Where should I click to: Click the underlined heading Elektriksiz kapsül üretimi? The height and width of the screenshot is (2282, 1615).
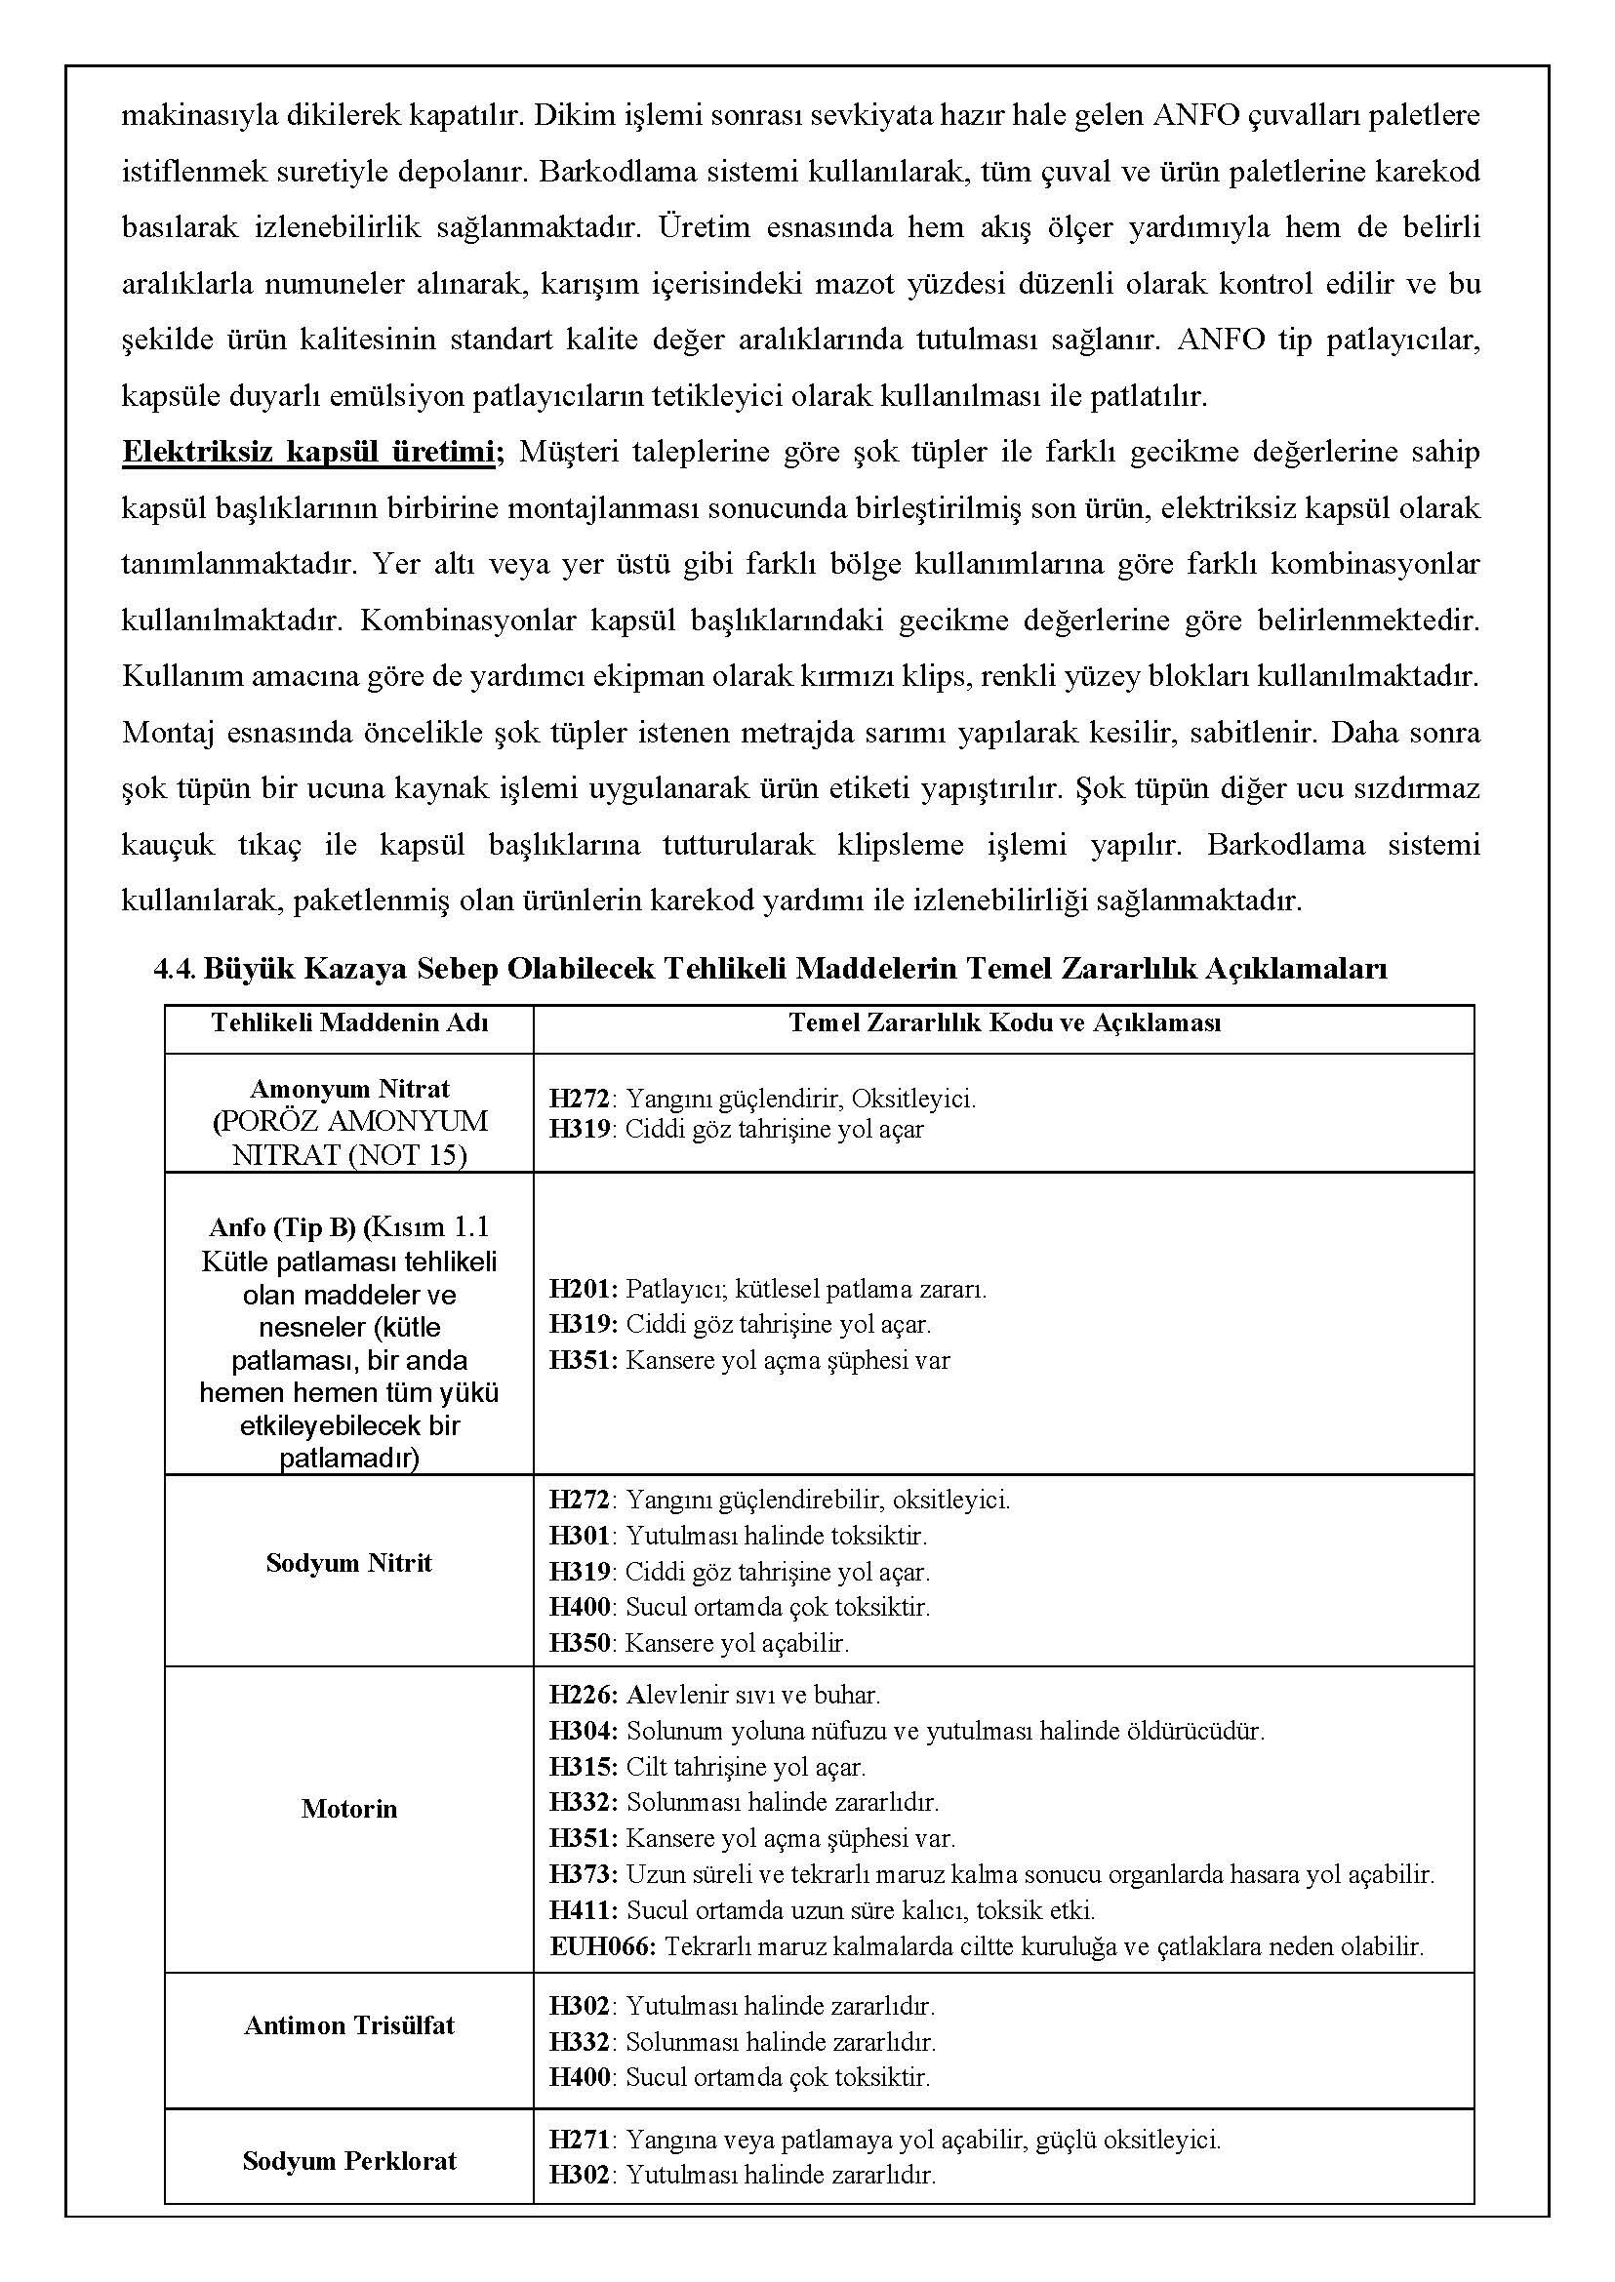308,453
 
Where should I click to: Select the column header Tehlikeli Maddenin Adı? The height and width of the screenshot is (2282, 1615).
349,1023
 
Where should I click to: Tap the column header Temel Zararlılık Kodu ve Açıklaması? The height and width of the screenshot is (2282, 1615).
1004,1023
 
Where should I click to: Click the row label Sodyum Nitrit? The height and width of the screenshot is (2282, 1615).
349,1563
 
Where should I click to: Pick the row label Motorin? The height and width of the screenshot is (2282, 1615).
349,1809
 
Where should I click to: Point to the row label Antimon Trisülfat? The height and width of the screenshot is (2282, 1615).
349,2025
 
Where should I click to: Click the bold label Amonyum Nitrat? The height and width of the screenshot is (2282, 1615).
349,1089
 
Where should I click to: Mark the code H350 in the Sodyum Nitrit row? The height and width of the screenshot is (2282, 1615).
580,1643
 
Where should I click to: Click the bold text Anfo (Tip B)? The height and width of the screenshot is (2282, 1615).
282,1227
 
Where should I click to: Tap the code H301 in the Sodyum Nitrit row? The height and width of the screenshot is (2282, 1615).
580,1536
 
